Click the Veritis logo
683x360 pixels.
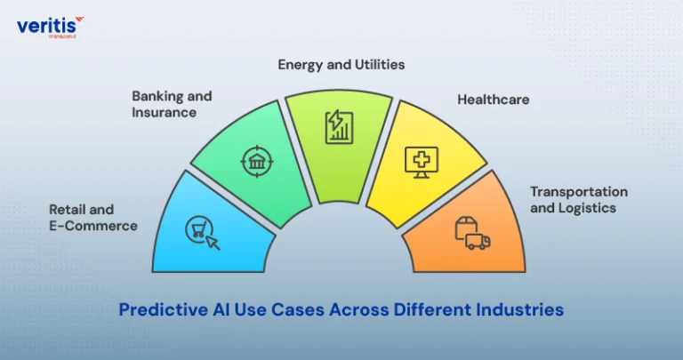50,27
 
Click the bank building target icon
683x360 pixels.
257,162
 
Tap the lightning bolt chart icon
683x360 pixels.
340,127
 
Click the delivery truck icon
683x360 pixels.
478,242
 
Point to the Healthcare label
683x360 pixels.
493,100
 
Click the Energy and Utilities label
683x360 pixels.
341,65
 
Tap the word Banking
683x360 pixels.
154,96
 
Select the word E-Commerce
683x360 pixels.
93,226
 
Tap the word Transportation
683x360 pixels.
579,192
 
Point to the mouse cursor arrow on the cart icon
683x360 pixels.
213,243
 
